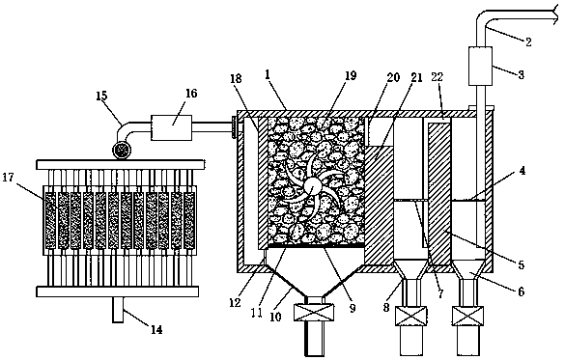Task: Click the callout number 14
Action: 156,330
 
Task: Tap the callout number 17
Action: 10,178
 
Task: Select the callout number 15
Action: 102,96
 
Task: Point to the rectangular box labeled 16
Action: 172,127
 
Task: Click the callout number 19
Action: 351,75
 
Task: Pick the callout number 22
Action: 438,77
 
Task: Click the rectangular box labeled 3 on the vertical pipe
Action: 480,66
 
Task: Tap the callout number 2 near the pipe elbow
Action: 528,42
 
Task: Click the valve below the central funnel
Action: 314,312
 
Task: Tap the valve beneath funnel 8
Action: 411,316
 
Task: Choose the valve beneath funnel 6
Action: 468,316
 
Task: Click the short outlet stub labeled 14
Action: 118,310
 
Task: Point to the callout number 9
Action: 353,308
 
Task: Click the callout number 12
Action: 235,303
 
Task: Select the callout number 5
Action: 521,265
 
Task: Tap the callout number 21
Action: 416,78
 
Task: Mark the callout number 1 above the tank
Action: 267,74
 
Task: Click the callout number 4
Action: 523,171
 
